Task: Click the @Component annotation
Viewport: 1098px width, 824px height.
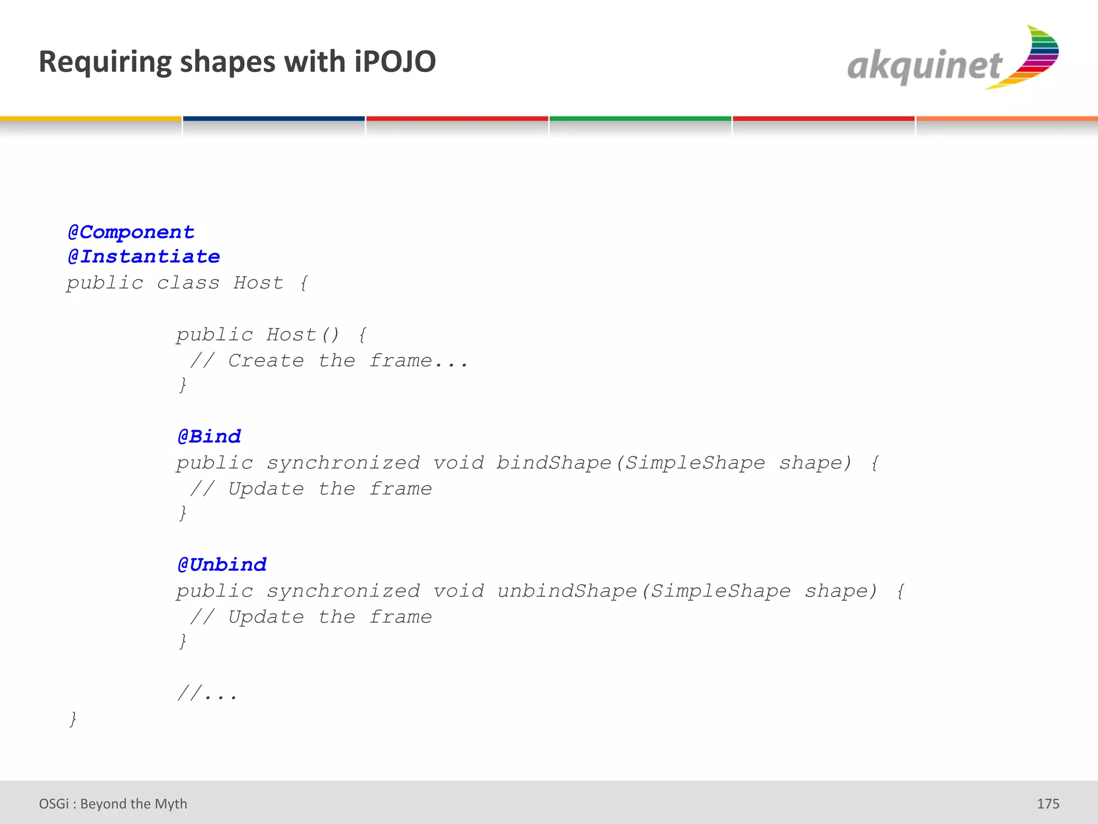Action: [131, 232]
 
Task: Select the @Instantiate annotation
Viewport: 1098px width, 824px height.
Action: [144, 256]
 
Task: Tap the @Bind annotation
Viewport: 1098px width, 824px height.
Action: [210, 436]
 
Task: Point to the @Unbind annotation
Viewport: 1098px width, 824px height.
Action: [222, 564]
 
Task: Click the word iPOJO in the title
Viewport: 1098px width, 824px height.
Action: [395, 62]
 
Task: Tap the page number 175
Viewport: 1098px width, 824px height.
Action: [1048, 804]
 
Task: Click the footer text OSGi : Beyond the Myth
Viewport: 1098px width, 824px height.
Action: [113, 804]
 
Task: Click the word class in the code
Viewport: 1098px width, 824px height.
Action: [188, 282]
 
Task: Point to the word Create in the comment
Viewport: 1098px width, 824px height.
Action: [266, 360]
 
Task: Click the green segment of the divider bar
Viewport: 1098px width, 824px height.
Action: [640, 119]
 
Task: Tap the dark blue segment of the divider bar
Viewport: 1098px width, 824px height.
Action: [274, 119]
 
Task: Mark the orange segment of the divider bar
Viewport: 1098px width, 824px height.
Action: [1007, 119]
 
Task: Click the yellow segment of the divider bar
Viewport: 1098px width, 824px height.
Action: [91, 119]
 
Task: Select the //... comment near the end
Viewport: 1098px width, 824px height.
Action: [207, 694]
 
